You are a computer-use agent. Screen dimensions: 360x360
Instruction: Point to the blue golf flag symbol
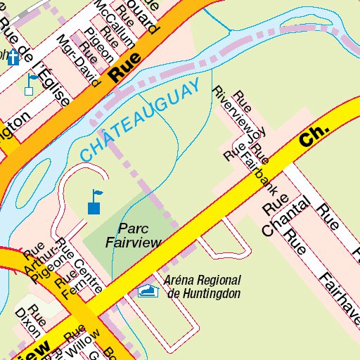(x=94, y=202)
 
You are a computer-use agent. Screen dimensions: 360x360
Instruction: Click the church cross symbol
(x=12, y=58)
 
